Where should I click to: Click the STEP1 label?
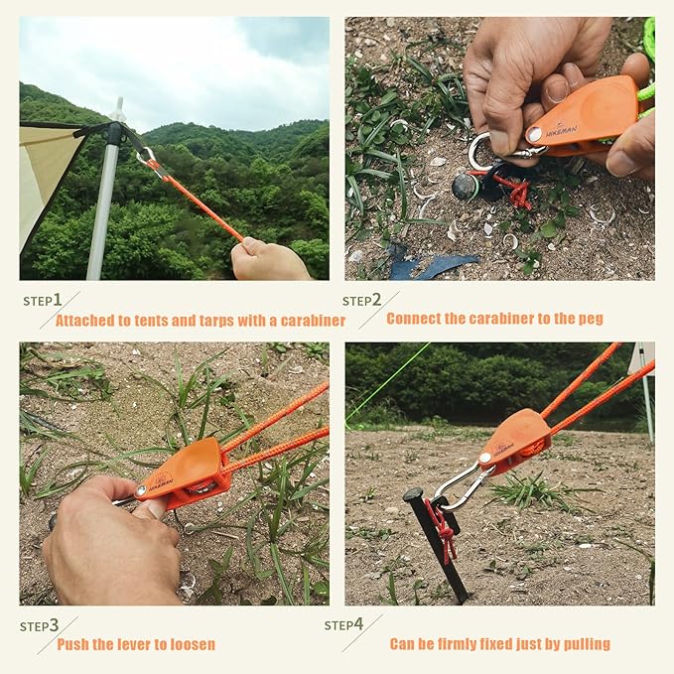(x=43, y=300)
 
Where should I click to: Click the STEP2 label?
(x=362, y=300)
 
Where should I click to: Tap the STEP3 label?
(x=40, y=626)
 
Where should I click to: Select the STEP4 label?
(x=344, y=625)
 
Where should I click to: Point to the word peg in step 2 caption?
(x=591, y=319)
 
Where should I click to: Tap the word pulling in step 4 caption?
(x=586, y=645)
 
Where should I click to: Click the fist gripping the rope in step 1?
(x=266, y=261)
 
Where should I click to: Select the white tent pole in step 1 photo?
(x=103, y=199)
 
